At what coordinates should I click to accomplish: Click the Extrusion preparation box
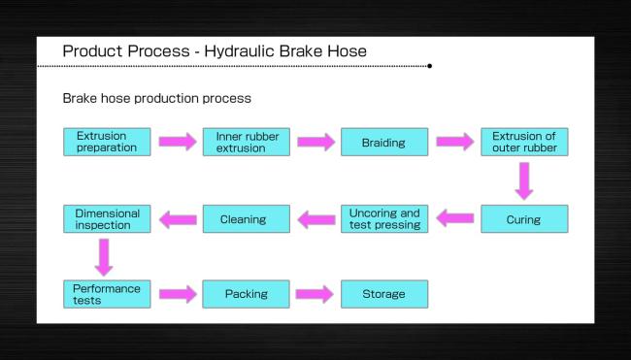pos(107,142)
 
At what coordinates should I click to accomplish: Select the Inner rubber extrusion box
pos(246,142)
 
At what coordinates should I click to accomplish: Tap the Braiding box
pos(384,142)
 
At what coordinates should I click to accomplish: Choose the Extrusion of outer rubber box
pos(524,142)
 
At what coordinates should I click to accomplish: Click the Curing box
pos(524,218)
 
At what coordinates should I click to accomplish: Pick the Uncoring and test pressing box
pos(384,218)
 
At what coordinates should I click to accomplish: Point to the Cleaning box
pos(246,218)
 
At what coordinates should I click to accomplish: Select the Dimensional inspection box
pos(107,218)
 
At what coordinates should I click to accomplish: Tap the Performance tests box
pos(107,294)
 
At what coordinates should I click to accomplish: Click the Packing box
pos(246,294)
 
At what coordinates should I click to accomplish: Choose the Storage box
pos(384,294)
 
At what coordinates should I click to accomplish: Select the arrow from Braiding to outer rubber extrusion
pos(454,143)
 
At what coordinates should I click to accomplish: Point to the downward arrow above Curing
pos(524,180)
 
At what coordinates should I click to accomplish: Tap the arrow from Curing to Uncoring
pos(454,219)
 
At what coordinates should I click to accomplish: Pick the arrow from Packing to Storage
pos(315,295)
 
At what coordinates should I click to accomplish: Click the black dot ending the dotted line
pos(430,67)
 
